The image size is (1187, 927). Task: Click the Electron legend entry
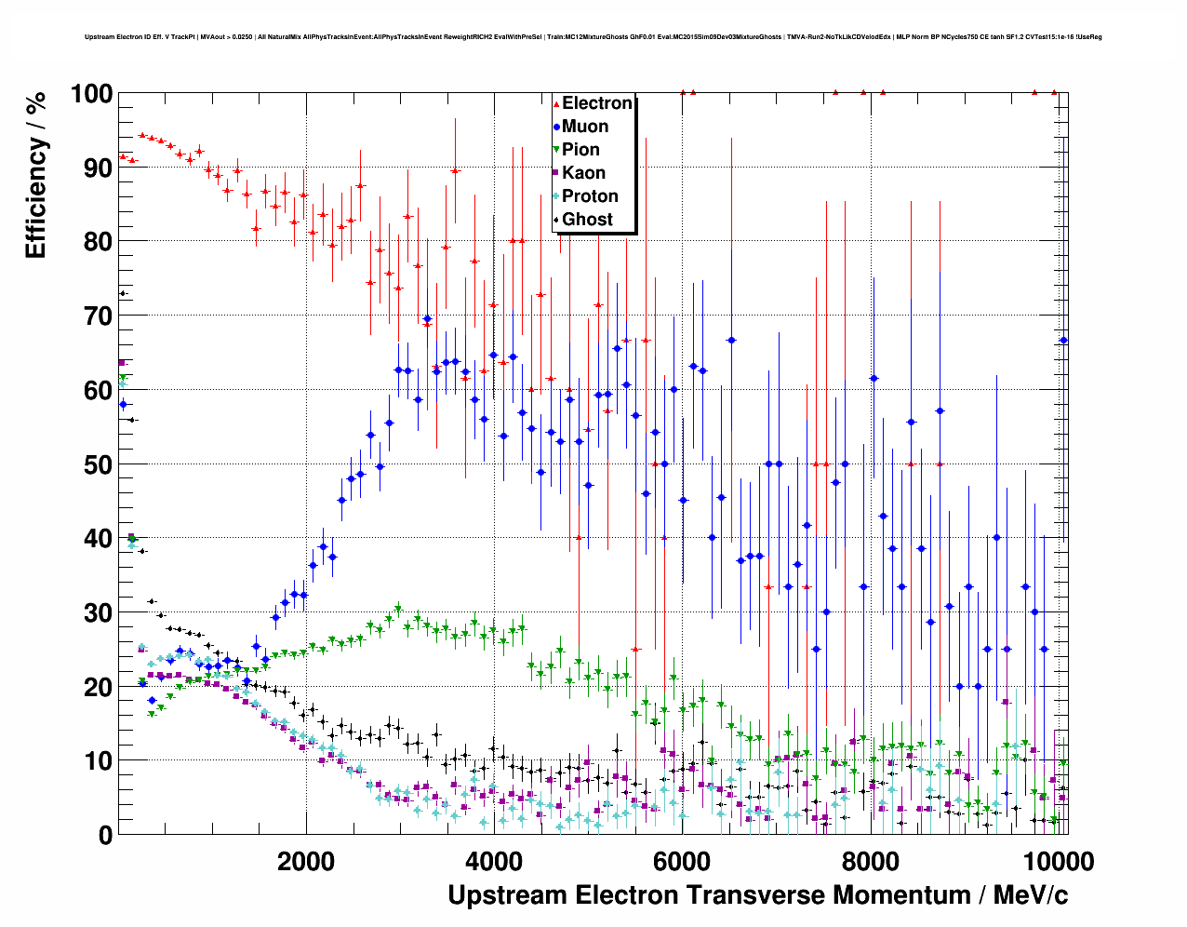(x=596, y=103)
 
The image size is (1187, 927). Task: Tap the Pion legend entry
(x=580, y=150)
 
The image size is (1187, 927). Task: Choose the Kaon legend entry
(x=583, y=173)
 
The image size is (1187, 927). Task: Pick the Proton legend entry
(x=590, y=196)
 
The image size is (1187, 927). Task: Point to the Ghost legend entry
(x=587, y=220)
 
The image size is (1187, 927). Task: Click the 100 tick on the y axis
(x=91, y=94)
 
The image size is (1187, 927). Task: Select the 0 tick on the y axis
(x=105, y=835)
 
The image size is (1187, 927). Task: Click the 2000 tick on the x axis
(x=306, y=861)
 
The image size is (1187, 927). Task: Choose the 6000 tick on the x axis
(x=682, y=861)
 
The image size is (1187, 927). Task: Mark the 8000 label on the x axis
(x=870, y=861)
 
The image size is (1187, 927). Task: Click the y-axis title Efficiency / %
(x=35, y=175)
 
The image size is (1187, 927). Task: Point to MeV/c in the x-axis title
(x=1031, y=895)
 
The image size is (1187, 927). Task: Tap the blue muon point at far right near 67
(x=1063, y=341)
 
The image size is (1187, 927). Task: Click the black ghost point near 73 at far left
(x=122, y=294)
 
